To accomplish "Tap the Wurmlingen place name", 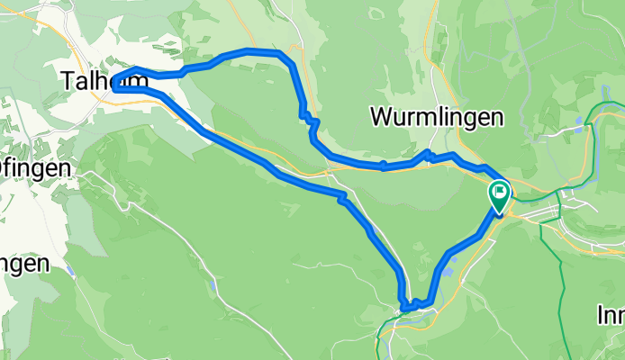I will [436, 117].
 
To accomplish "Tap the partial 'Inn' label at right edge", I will [611, 315].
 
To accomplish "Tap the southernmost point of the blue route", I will [406, 309].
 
